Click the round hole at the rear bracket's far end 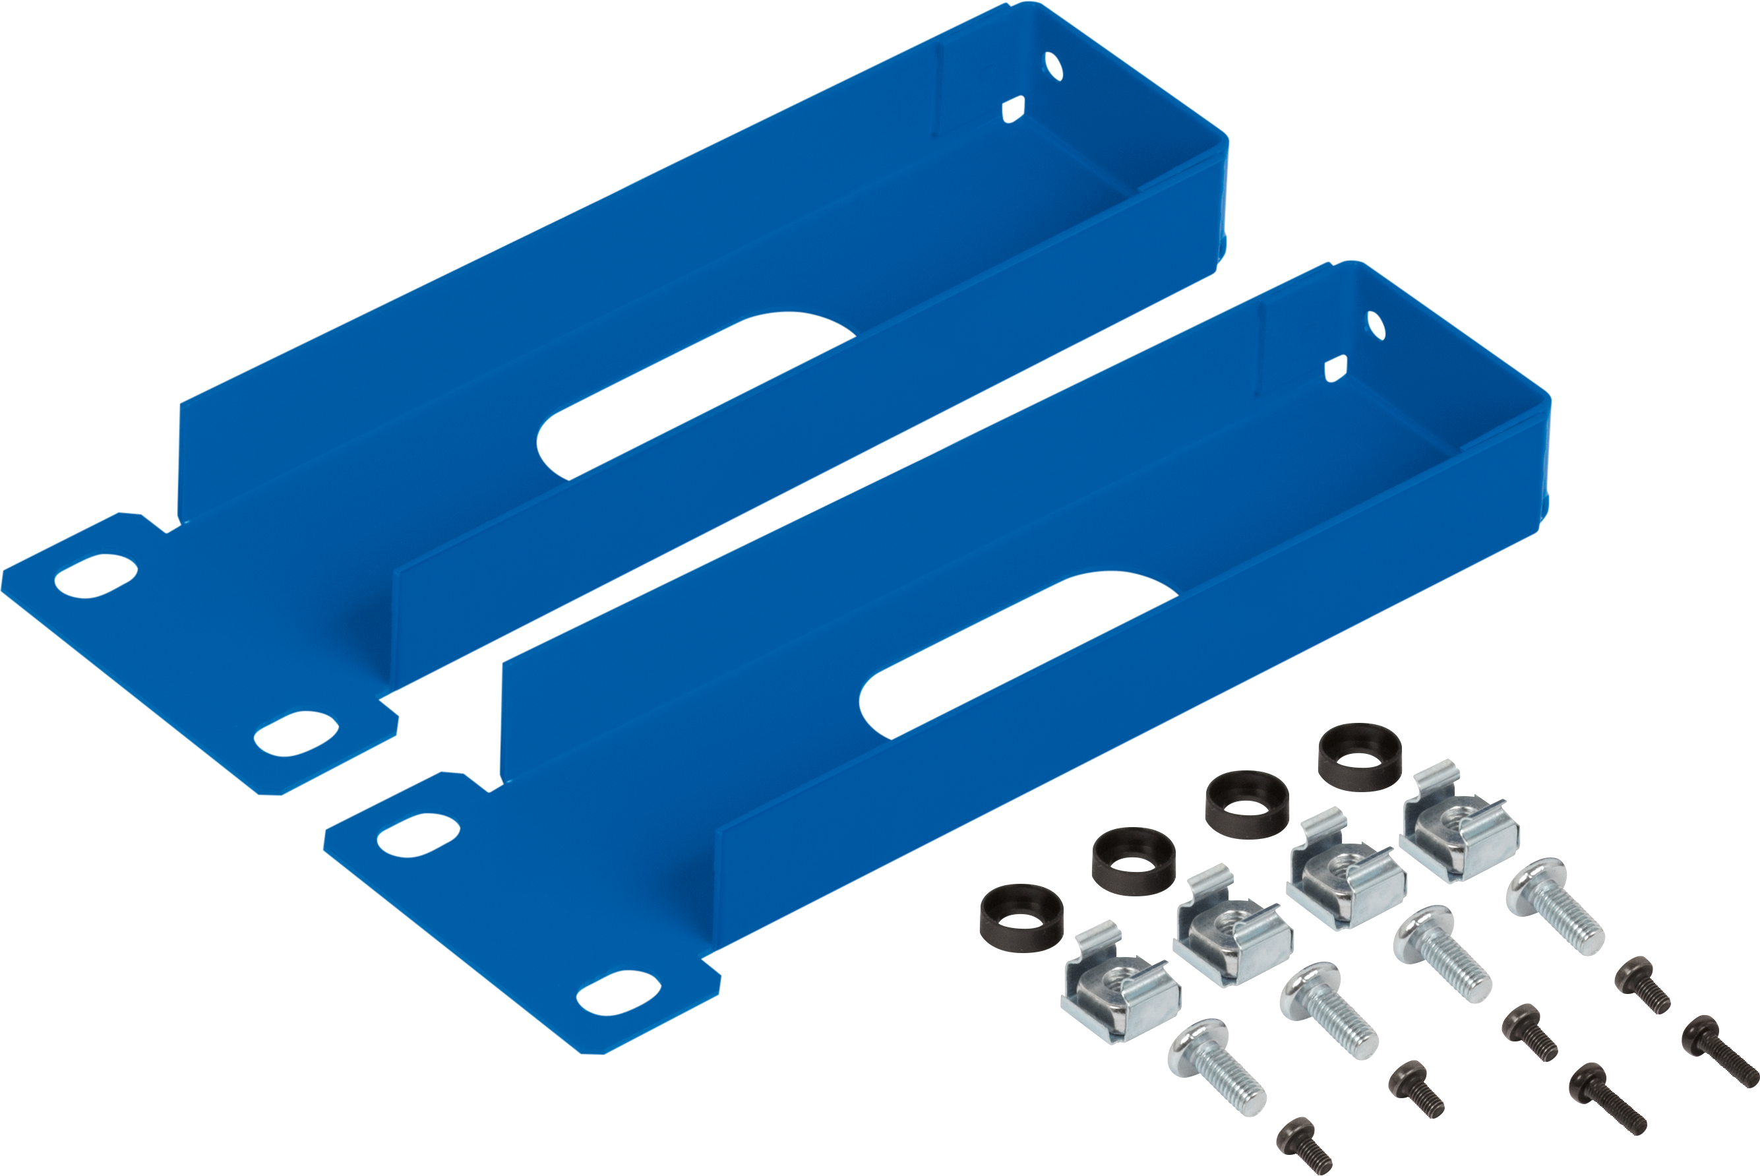[1053, 67]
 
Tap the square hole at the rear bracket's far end [1013, 109]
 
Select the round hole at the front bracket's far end [1374, 325]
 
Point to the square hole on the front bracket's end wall [1335, 369]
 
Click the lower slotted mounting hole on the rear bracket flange [295, 733]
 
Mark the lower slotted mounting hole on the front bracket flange [618, 993]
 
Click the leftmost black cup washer [1021, 921]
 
